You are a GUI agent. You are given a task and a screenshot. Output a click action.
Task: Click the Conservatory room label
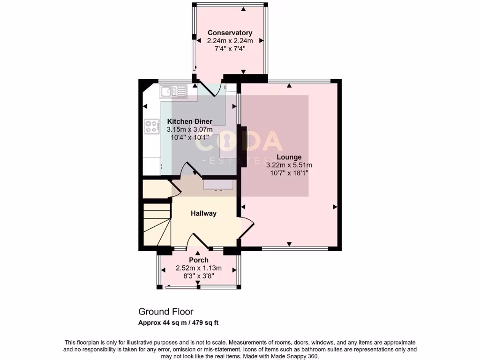point(230,33)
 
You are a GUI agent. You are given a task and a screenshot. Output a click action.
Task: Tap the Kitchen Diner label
point(190,121)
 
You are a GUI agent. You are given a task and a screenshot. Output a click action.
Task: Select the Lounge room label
point(289,157)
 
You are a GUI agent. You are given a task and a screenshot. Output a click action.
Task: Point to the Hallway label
point(203,213)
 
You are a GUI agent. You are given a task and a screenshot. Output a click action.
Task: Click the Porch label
point(199,260)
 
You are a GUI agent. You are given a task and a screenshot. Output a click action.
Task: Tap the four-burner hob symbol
point(151,126)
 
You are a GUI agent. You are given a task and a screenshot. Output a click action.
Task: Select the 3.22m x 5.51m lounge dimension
point(289,165)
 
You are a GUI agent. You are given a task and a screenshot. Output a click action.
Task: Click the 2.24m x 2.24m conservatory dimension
point(230,41)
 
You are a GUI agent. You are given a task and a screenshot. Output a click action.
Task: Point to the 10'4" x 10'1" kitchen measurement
point(190,137)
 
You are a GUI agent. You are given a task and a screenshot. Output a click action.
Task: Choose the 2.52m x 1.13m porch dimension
point(199,268)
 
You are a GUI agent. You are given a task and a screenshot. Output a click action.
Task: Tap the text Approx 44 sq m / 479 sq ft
point(178,322)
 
